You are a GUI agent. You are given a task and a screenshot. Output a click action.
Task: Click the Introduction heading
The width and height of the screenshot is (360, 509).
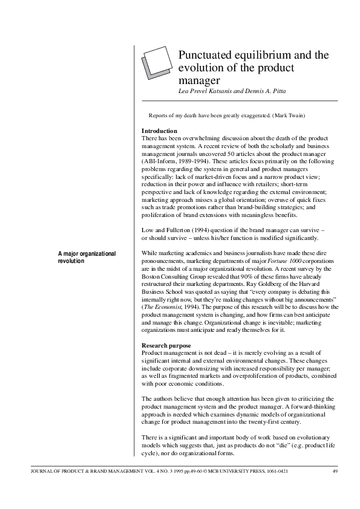[x=159, y=131]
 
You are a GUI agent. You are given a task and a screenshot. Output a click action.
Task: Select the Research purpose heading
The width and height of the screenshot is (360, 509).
[x=166, y=345]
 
